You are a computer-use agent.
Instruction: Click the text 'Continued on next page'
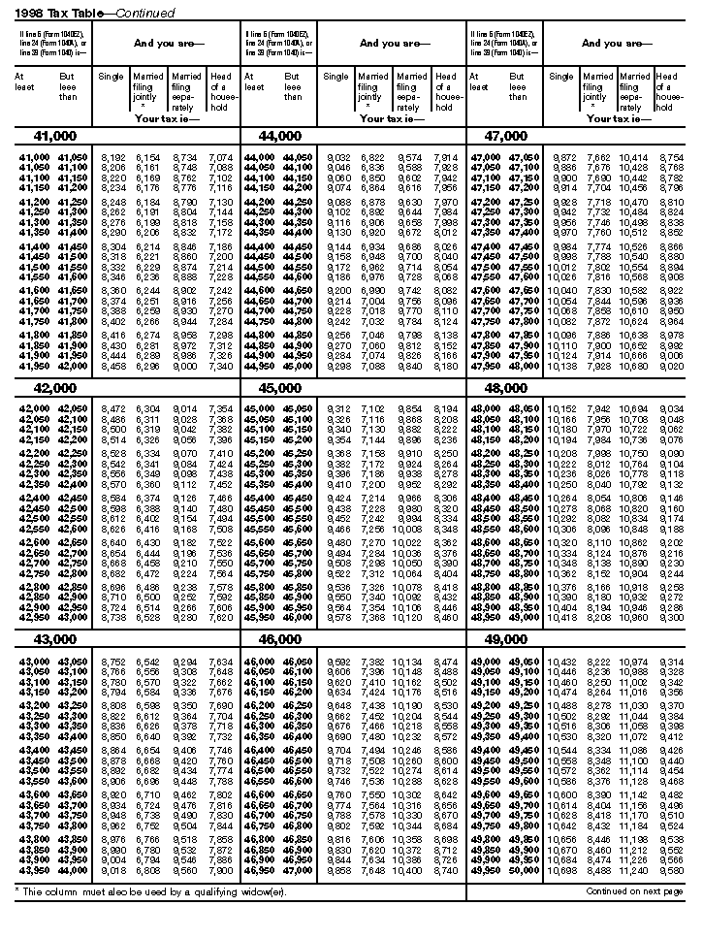tap(634, 890)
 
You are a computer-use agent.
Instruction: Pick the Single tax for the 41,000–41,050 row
tap(112, 157)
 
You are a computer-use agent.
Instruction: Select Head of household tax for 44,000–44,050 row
tap(445, 157)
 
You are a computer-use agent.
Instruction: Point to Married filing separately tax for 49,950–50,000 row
tap(634, 870)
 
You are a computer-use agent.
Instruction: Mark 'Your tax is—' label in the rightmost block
tap(617, 118)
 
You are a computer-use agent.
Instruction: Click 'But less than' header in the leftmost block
tap(66, 86)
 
